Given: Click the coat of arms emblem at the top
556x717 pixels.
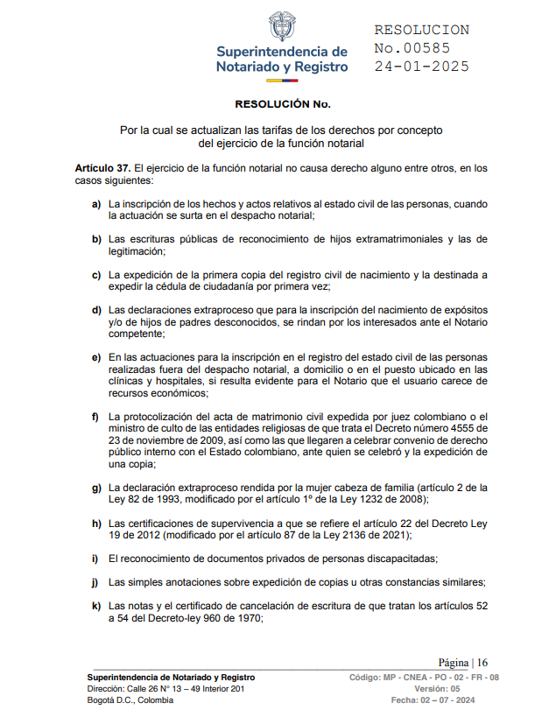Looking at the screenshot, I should (281, 26).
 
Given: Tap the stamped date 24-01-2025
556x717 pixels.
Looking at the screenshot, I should (421, 67).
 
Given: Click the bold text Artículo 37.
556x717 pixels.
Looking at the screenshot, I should (103, 167).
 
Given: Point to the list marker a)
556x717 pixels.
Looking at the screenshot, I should (96, 204).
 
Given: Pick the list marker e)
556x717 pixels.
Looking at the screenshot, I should (96, 357).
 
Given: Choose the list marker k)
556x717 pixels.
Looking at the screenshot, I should (96, 606).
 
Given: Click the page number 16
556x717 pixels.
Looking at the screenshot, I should (482, 663).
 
